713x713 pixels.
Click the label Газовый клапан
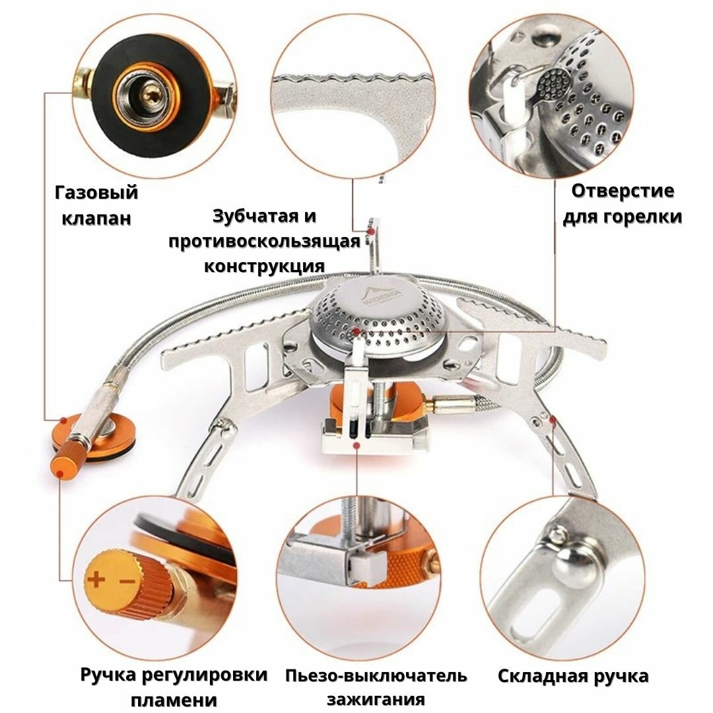96,205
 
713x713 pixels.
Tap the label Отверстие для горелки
622,204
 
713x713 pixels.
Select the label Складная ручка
573,677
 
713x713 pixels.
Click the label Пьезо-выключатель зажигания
376,687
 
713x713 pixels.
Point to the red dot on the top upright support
374,232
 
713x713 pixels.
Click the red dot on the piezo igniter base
356,446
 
